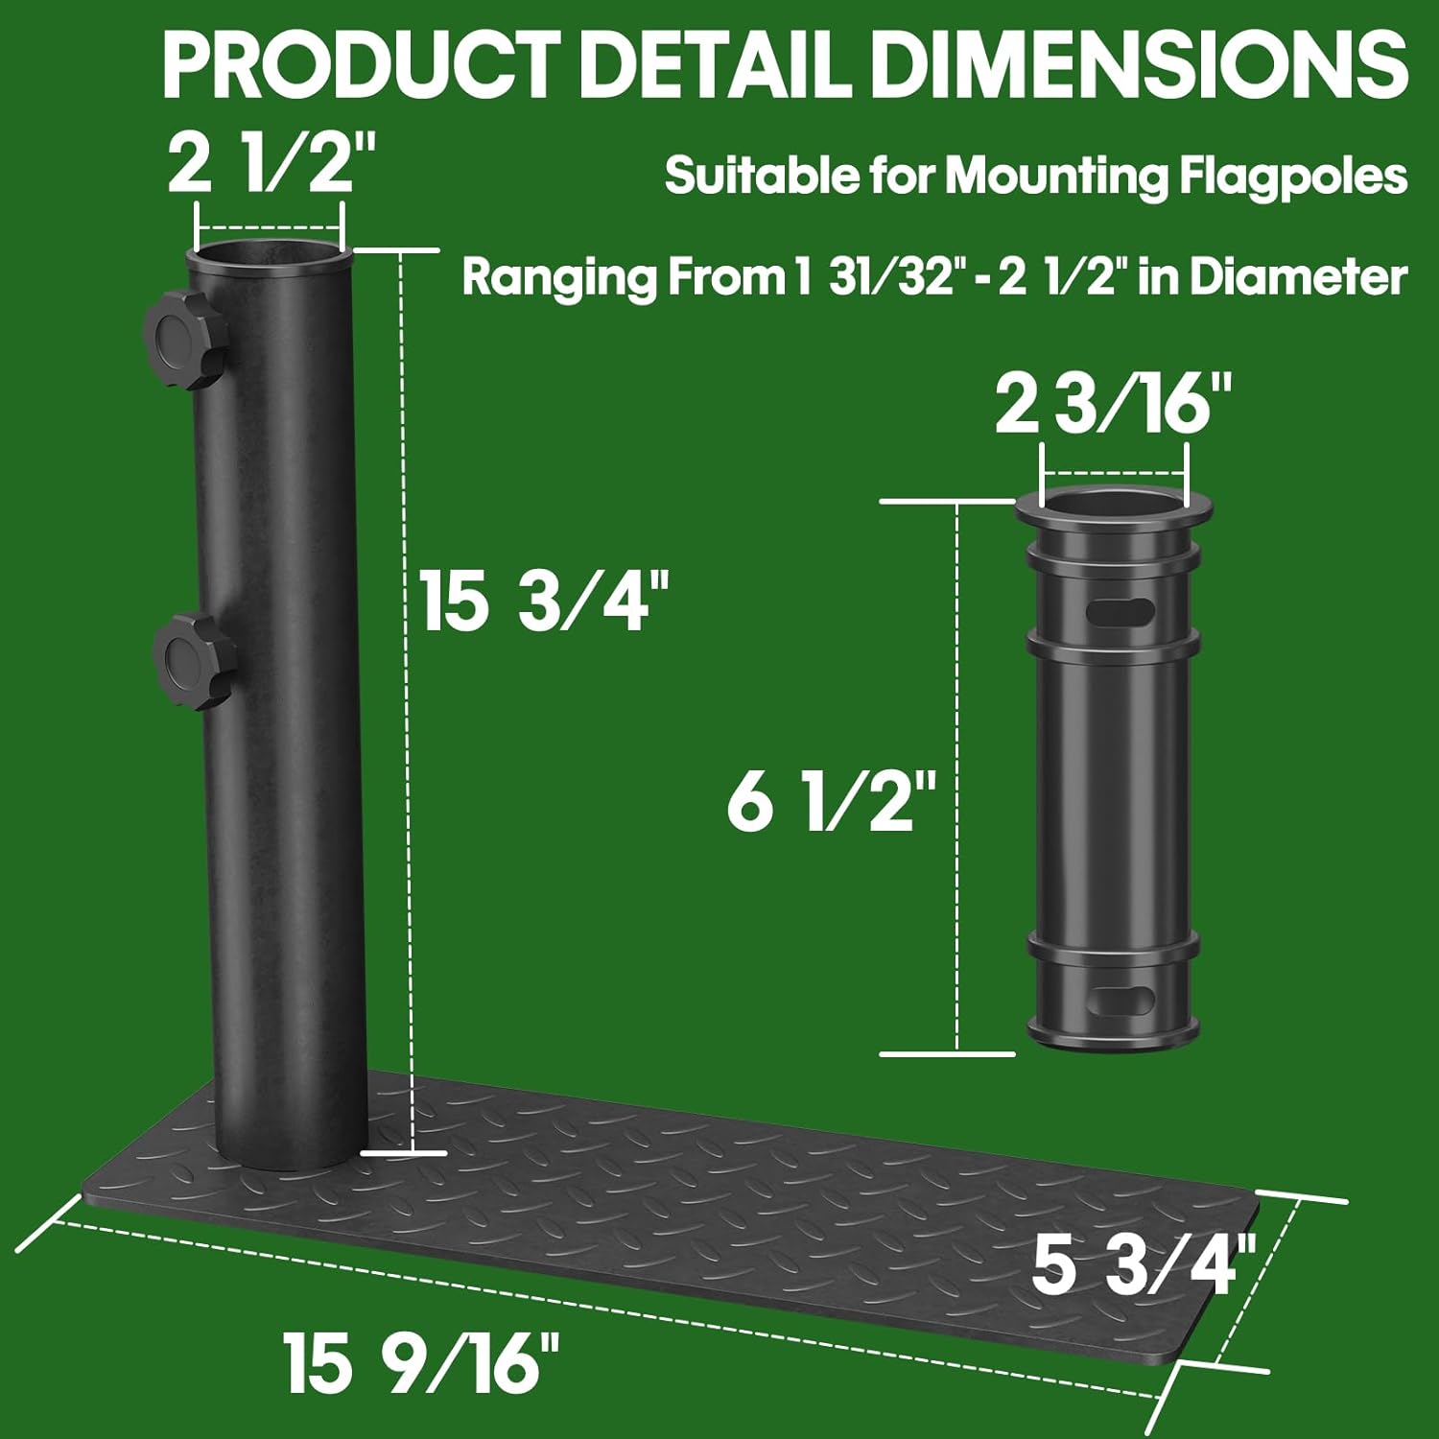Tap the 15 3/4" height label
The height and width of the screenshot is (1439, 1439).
[543, 602]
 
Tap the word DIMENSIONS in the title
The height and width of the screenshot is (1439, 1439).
[1142, 64]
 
